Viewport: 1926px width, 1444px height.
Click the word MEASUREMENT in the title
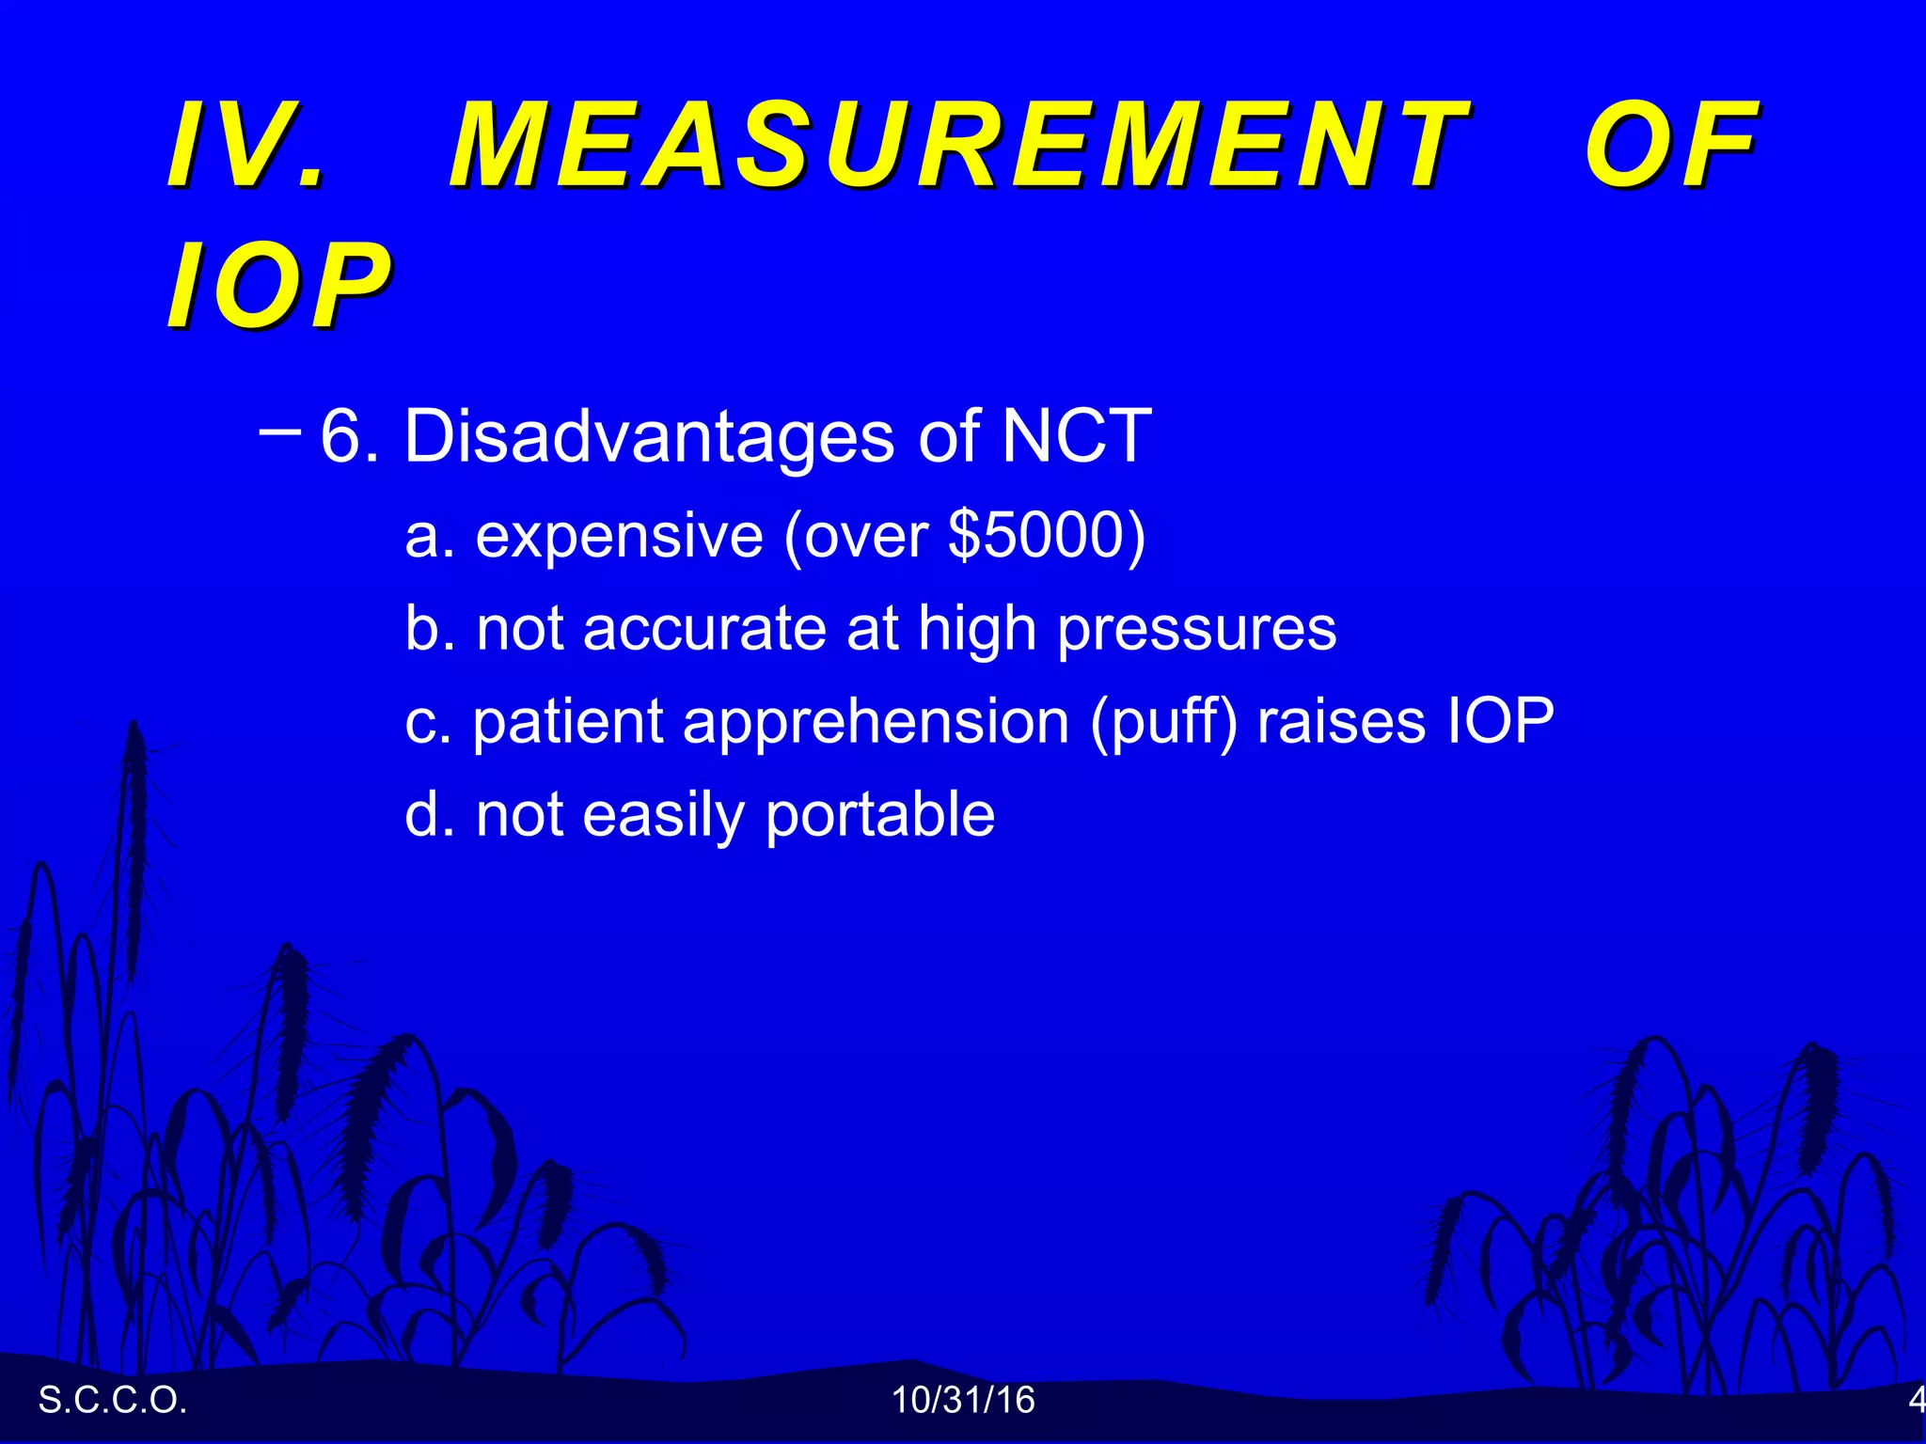click(959, 146)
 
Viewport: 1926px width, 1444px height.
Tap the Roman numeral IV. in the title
click(246, 146)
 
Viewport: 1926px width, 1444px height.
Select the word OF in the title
click(1670, 146)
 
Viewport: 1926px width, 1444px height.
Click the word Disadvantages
click(648, 436)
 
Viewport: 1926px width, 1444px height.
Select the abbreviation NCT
click(1076, 436)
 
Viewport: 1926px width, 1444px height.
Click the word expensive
click(619, 536)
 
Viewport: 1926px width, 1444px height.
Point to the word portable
click(879, 815)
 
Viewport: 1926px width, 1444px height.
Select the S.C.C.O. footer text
click(112, 1400)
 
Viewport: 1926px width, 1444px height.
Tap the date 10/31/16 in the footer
click(962, 1400)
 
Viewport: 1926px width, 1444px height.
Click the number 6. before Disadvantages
click(349, 436)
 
